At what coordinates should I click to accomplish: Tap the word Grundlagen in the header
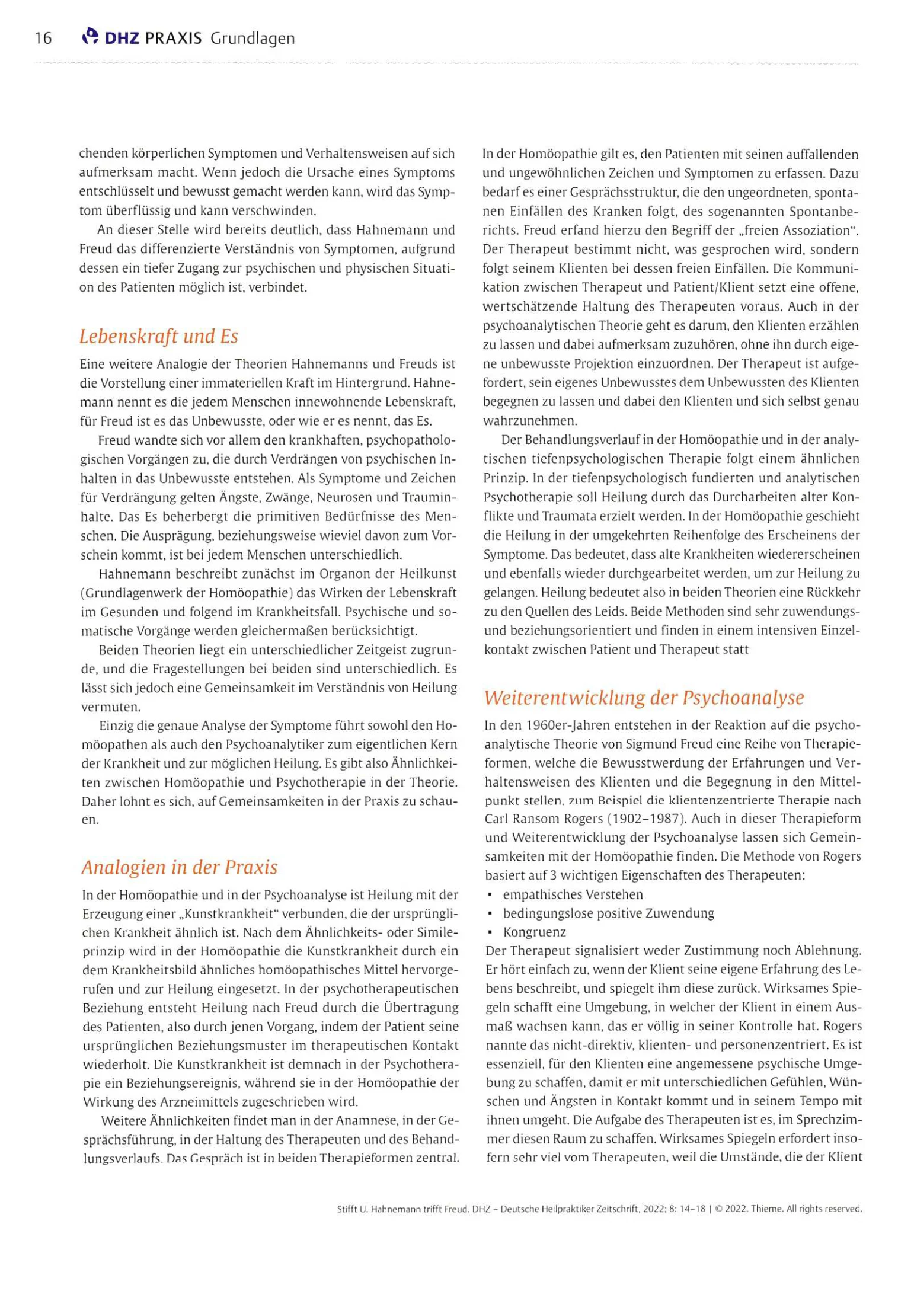point(252,39)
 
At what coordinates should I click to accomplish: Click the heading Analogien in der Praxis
point(179,867)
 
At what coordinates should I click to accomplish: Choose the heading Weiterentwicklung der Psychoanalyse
point(644,697)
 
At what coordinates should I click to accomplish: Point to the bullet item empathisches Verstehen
point(573,894)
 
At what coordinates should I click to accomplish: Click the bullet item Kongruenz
point(534,932)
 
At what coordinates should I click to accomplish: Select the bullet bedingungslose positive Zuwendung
point(608,913)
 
